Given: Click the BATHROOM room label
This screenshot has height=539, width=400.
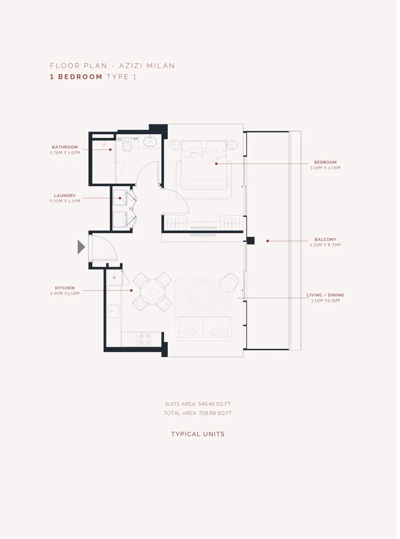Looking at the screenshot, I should coord(65,147).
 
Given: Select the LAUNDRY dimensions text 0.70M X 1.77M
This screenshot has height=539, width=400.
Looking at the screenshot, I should coord(65,201).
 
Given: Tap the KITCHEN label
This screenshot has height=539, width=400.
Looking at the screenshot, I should coord(65,288).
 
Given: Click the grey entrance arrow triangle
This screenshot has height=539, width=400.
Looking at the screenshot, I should coord(81,247).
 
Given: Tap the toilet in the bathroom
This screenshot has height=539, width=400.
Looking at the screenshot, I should coord(127,146).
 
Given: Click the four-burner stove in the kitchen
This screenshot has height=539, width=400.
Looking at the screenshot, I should coord(145,339).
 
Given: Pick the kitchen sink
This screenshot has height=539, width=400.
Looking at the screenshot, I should coord(113,311).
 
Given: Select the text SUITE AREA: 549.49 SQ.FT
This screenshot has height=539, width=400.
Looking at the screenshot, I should coord(198,404).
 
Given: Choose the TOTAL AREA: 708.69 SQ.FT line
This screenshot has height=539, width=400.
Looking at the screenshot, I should coord(198,413).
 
